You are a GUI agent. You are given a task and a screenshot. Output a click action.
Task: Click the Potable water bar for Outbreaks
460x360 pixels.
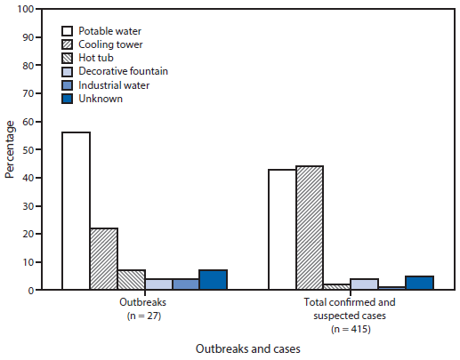(76, 211)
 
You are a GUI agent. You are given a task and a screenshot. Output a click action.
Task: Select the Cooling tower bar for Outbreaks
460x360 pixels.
(103, 259)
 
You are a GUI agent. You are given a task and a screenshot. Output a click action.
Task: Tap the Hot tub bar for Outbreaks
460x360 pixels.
(131, 280)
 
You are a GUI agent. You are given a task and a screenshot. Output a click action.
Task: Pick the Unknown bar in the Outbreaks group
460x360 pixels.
(213, 280)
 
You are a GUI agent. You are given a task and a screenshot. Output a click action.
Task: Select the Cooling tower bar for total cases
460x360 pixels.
(310, 228)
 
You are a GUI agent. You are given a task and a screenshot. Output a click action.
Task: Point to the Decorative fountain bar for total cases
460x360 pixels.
(364, 284)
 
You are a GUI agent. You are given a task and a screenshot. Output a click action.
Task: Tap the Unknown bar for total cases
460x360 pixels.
(419, 283)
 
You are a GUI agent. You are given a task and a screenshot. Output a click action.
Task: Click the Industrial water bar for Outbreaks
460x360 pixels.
(185, 284)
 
